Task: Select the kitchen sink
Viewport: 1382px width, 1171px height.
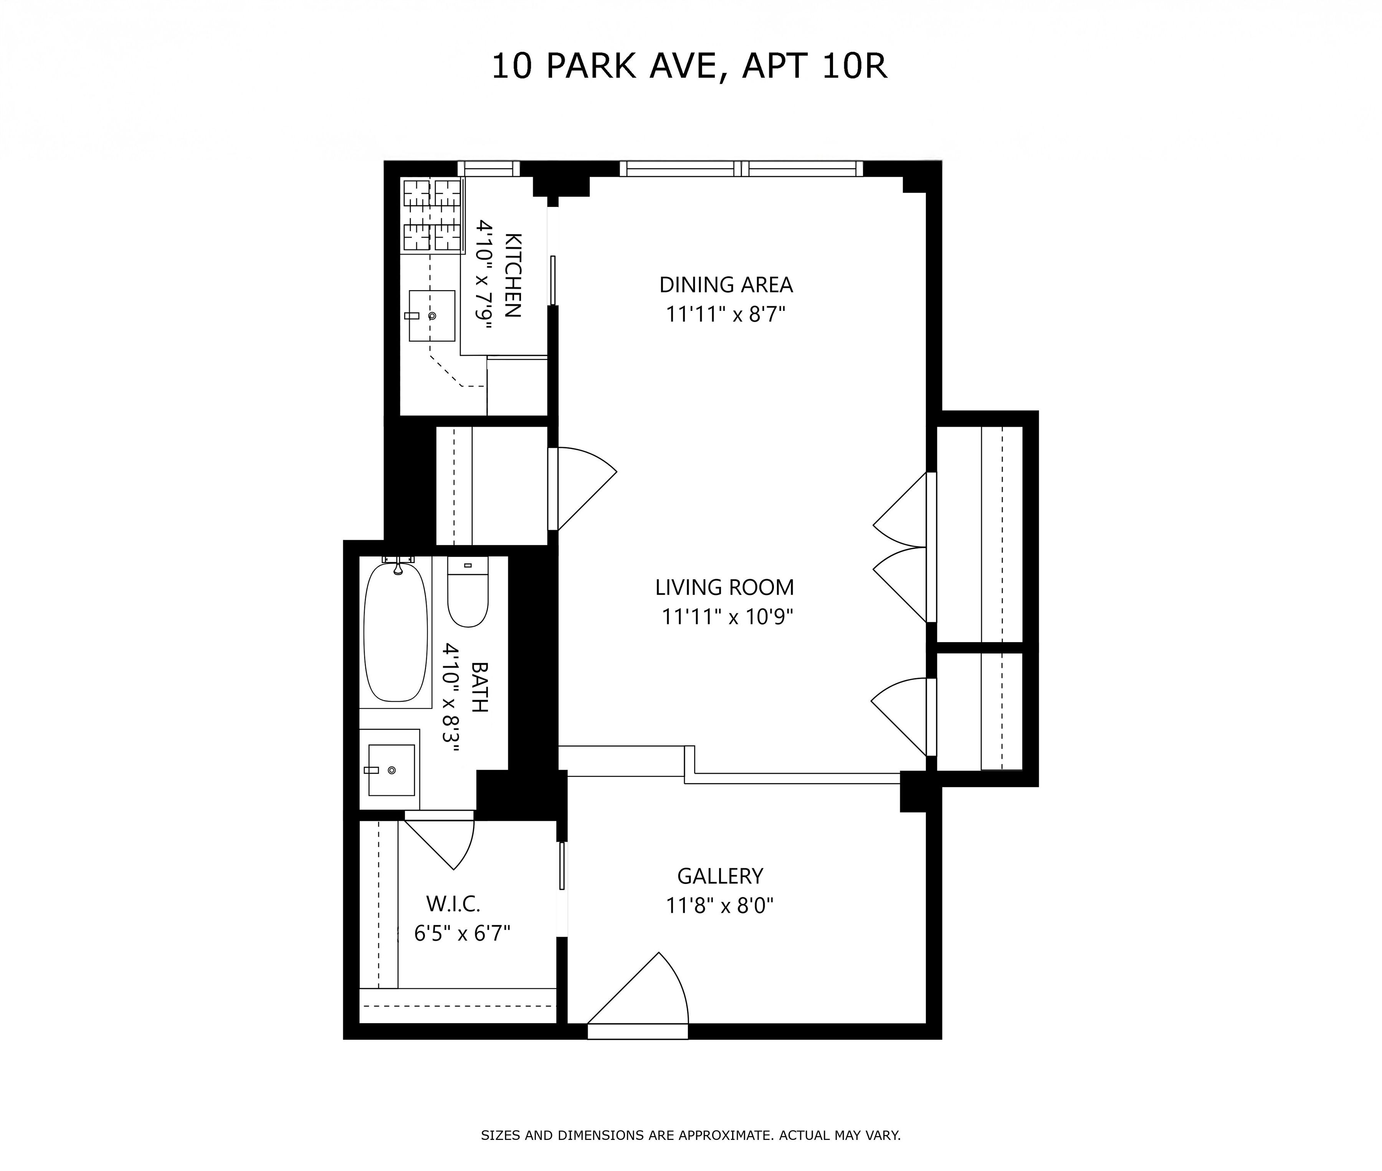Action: (431, 316)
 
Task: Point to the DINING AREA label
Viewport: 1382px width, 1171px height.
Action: (726, 285)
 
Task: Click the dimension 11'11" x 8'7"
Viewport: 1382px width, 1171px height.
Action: (726, 314)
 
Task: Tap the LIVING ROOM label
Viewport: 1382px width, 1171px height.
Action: (724, 588)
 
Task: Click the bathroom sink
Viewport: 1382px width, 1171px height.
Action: (392, 770)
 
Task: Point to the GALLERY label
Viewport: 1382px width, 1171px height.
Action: (719, 876)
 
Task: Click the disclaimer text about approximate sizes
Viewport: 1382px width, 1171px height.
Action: (690, 1135)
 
